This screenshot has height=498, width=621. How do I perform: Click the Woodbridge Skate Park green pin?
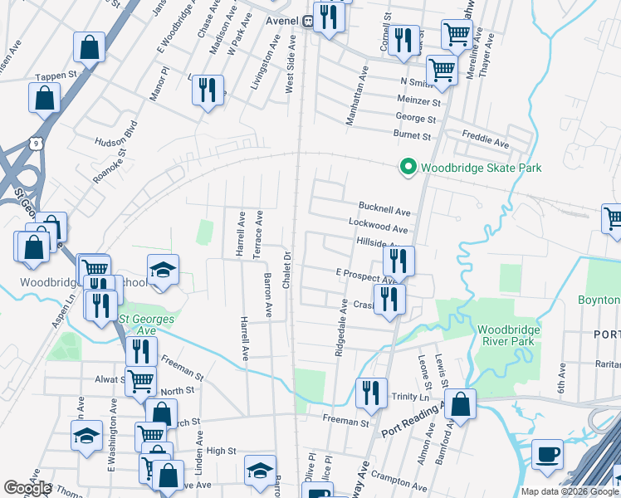tap(408, 168)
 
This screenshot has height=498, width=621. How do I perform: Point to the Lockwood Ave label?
tap(379, 228)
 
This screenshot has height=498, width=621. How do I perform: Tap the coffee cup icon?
tap(548, 455)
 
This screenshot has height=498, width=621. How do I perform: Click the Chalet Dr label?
tap(286, 271)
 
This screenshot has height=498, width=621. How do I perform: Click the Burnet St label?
tap(413, 135)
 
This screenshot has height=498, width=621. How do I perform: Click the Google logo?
tap(27, 488)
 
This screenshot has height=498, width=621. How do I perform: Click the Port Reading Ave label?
tap(412, 421)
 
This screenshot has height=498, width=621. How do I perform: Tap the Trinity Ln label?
tap(410, 398)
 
